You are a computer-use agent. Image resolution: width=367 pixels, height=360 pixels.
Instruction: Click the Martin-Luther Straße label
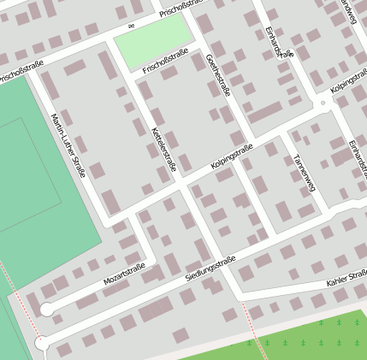coord(68,145)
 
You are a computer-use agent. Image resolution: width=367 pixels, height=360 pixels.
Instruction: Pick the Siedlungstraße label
coord(210,270)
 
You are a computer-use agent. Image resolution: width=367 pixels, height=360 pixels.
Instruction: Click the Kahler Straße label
coord(346,279)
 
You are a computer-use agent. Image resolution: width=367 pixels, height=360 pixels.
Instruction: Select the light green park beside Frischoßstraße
coord(153,43)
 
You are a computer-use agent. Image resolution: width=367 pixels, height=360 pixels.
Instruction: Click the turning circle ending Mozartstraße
coord(47,310)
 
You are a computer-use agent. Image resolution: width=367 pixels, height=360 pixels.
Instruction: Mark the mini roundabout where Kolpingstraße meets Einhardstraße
coord(323,103)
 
